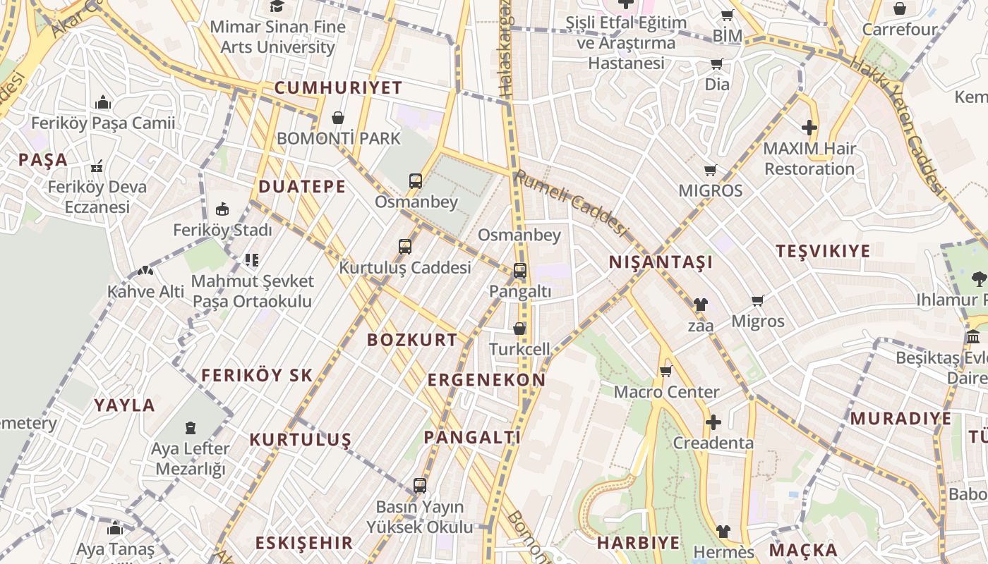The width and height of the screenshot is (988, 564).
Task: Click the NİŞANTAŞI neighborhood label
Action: [661, 262]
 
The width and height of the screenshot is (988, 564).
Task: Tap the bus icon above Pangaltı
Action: [520, 271]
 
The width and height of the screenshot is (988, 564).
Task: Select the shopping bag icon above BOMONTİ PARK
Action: [338, 118]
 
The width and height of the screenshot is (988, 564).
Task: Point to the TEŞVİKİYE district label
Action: [823, 251]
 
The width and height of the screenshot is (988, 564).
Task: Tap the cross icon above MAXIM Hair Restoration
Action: [809, 128]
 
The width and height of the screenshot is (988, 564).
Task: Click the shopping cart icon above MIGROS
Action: [711, 170]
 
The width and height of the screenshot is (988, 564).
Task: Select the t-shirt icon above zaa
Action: [700, 305]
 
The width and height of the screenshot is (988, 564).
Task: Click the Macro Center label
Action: [666, 392]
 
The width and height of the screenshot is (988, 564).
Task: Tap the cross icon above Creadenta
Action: [713, 423]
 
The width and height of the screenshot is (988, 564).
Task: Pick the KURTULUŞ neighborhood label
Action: [300, 440]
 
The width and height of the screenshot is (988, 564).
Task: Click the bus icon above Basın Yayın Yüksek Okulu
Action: [420, 486]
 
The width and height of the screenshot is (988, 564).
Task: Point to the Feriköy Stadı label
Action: [222, 231]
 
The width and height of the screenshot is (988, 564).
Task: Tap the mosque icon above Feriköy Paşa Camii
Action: [103, 103]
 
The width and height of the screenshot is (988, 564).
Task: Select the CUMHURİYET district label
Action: [338, 88]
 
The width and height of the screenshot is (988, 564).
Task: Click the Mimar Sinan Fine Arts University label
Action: [278, 37]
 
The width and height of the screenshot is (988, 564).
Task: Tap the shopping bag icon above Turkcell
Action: [519, 329]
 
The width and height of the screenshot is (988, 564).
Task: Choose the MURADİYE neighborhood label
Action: [900, 418]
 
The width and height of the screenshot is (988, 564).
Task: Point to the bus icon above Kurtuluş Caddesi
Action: [405, 247]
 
